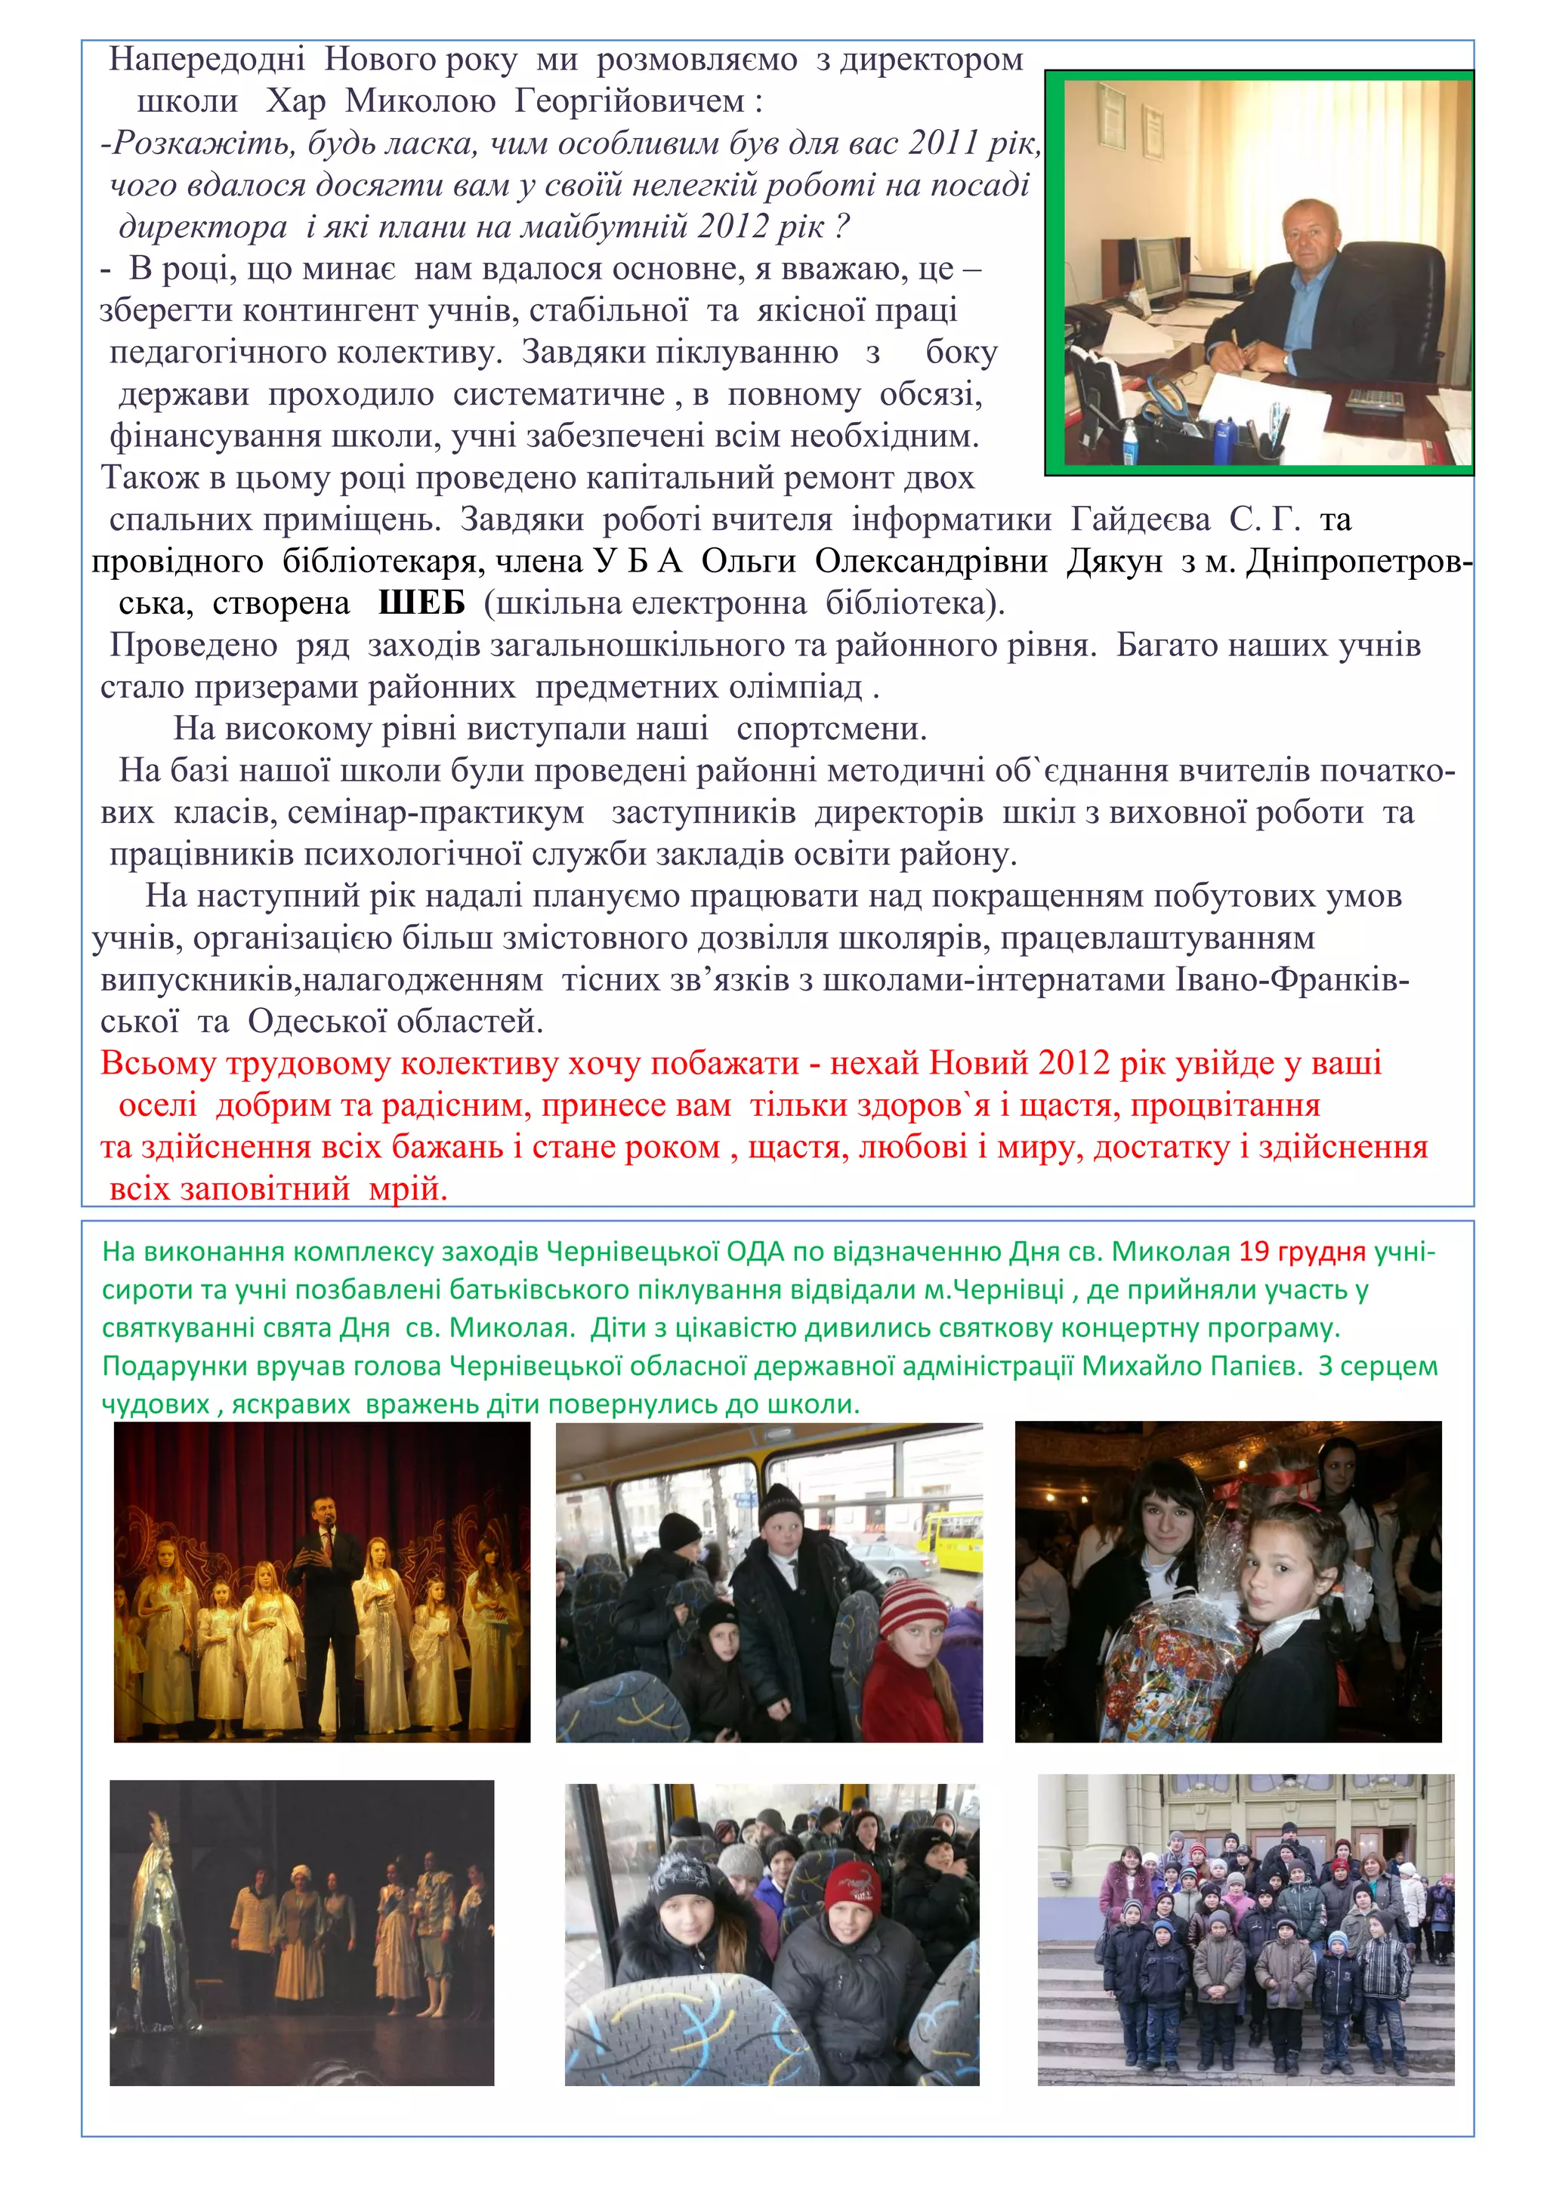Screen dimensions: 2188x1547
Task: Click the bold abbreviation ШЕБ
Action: (x=421, y=603)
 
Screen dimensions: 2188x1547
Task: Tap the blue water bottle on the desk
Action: (x=1129, y=440)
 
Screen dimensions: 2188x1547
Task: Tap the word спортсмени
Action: (x=831, y=729)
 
